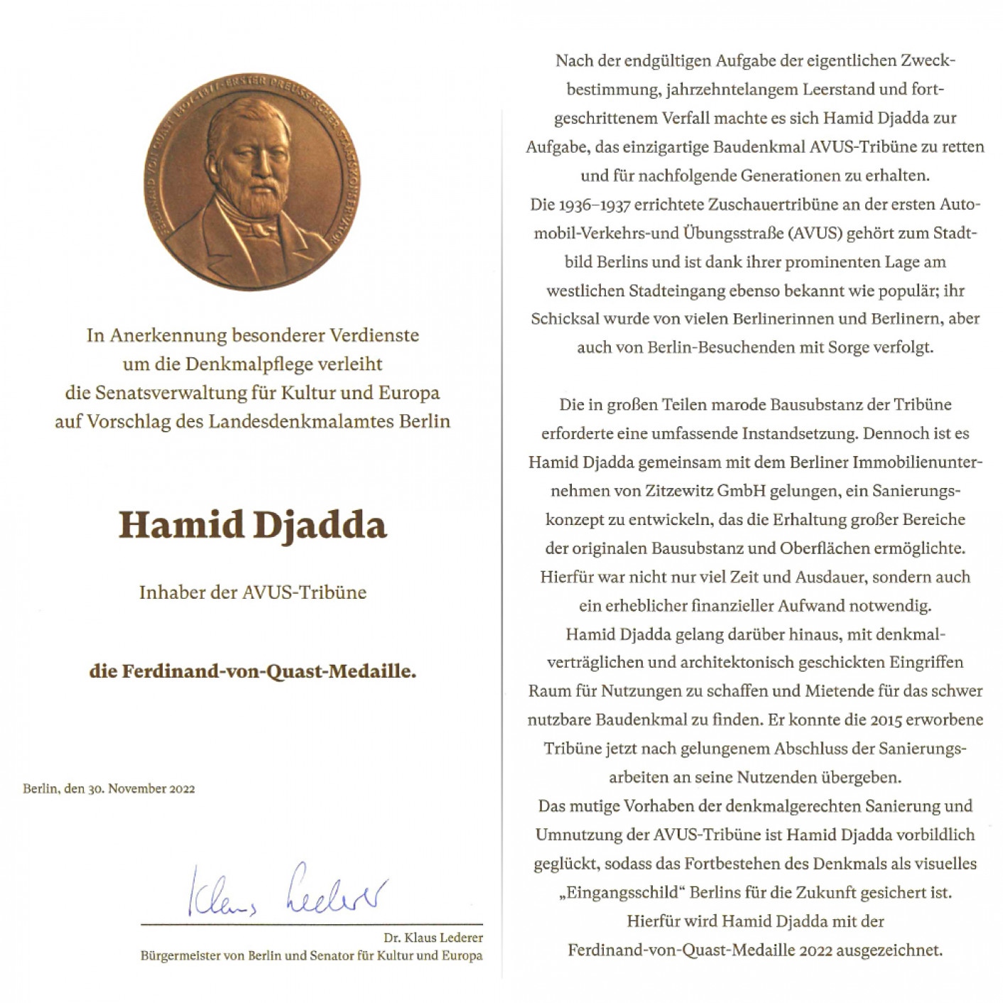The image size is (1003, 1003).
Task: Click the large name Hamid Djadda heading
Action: pos(252,526)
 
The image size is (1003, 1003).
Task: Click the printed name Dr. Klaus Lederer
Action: pos(433,938)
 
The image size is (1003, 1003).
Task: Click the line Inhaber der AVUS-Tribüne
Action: pos(252,592)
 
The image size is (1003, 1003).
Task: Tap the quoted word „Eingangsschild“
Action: pos(622,893)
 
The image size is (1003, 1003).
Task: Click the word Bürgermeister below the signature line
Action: pos(180,956)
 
